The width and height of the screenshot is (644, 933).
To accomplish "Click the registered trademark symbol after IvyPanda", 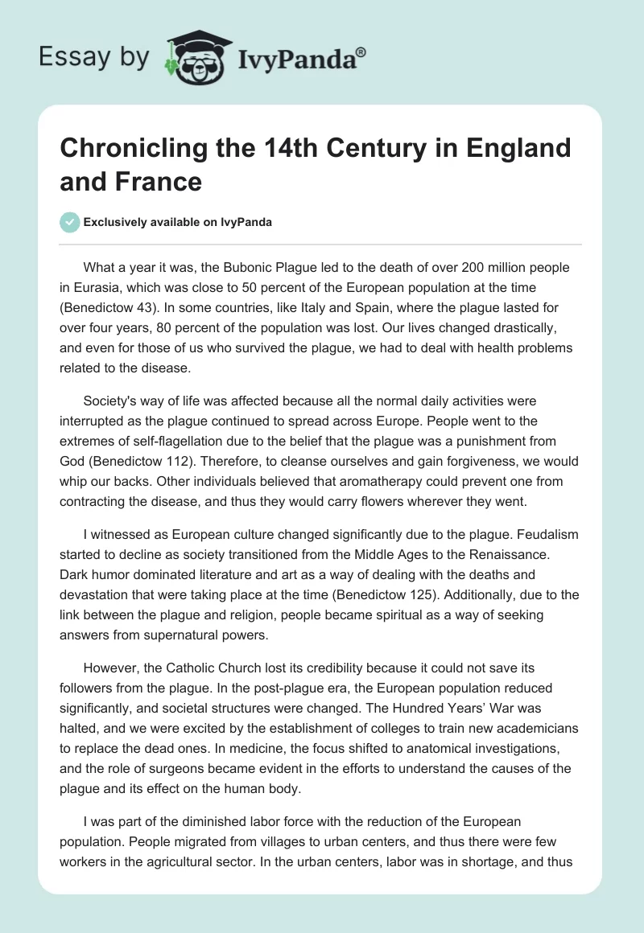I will (x=361, y=51).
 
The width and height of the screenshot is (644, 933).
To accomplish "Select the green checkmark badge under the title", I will (x=70, y=222).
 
